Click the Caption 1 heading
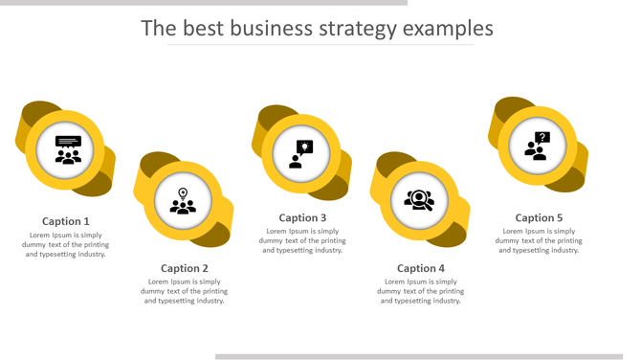(x=66, y=221)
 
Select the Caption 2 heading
(x=185, y=268)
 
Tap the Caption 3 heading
(x=302, y=217)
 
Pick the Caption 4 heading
(x=421, y=268)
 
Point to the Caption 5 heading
(x=539, y=217)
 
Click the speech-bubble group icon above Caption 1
(x=68, y=150)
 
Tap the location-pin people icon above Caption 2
(x=183, y=201)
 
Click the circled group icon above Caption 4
(x=419, y=200)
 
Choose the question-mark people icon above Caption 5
(x=538, y=146)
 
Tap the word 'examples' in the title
(x=448, y=29)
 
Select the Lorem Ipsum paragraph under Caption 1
(x=66, y=244)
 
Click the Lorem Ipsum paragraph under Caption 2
(x=185, y=291)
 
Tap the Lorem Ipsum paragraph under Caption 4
(x=421, y=291)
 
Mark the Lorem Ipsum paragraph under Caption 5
(x=539, y=240)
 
